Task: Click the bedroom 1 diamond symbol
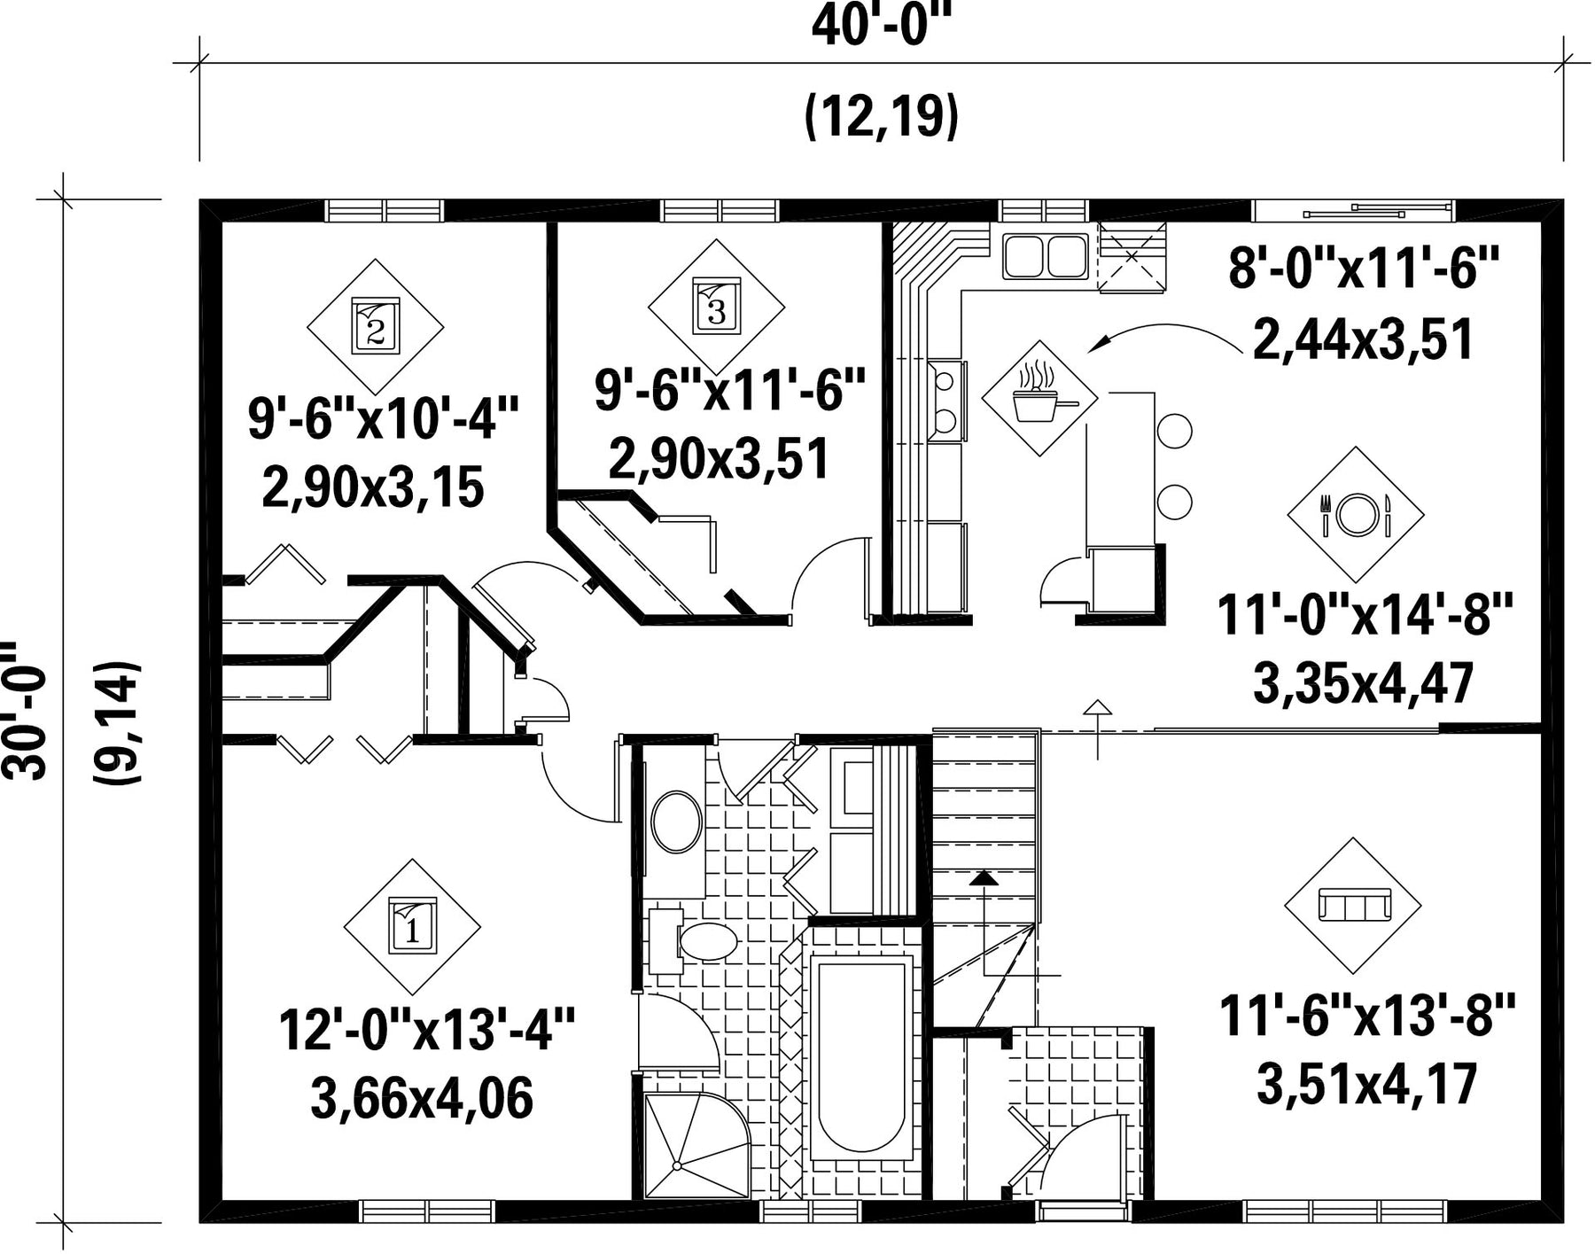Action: (412, 927)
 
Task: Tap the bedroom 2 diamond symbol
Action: (376, 327)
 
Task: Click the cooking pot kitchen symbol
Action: (1039, 399)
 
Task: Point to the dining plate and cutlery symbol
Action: (1356, 514)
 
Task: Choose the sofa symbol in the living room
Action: (1353, 906)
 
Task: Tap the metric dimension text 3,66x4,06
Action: (422, 1099)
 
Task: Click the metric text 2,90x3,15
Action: (373, 487)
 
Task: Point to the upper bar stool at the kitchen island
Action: (1174, 432)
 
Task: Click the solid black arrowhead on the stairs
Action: (983, 877)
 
